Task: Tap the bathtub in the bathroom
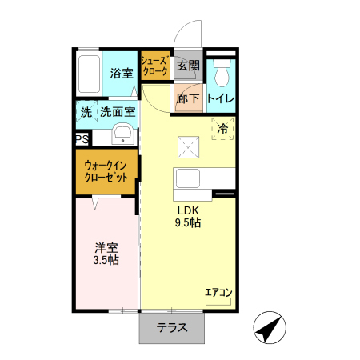point(90,74)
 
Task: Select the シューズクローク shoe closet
point(154,66)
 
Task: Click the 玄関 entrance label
point(188,66)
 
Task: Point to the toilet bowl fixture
point(222,73)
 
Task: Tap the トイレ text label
point(221,98)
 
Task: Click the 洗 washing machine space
point(86,113)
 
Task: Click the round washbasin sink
point(122,134)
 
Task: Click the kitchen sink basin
point(189,178)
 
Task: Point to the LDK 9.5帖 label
point(188,217)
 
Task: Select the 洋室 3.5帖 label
point(105,253)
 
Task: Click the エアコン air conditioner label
point(218,293)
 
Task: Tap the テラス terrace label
point(172,327)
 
